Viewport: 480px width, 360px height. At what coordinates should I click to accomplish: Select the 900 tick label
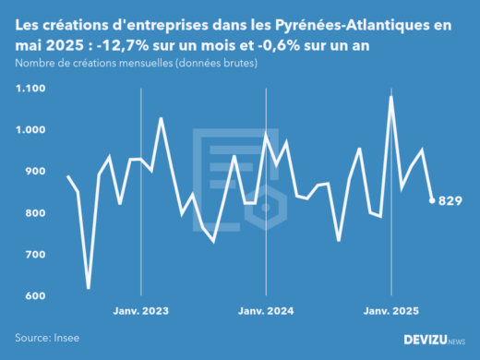point(33,172)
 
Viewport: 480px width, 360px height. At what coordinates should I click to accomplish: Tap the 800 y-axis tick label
point(33,213)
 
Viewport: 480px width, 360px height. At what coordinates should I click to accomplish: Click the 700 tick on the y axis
point(33,254)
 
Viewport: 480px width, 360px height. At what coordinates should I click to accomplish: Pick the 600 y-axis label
point(33,295)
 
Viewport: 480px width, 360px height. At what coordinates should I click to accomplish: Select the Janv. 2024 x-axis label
point(265,312)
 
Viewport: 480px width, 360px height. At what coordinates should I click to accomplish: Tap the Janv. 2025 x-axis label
point(390,312)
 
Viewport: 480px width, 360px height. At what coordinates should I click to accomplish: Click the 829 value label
point(450,201)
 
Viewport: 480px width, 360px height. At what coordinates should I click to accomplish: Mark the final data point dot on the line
point(432,200)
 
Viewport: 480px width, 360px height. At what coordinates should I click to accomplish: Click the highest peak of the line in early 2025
point(391,97)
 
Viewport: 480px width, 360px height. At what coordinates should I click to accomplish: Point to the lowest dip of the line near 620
point(89,288)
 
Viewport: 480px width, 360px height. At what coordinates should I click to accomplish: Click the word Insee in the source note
point(69,339)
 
